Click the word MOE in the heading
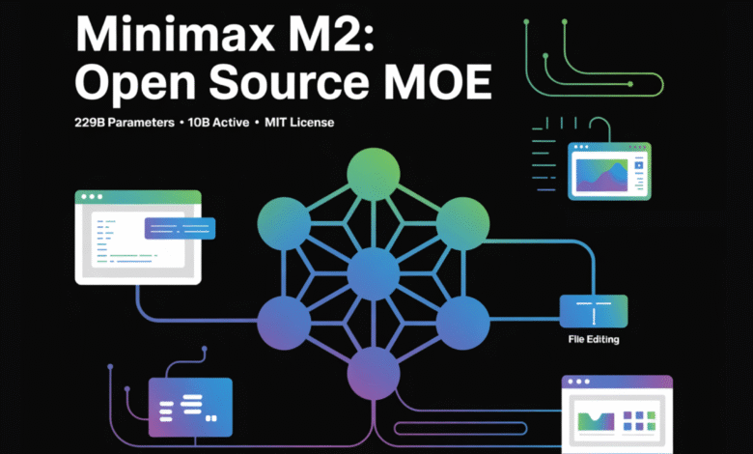click(x=444, y=86)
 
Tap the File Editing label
click(x=593, y=339)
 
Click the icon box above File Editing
click(x=593, y=310)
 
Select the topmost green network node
click(x=373, y=175)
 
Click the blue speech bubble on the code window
click(x=180, y=228)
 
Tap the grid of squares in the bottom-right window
click(x=637, y=421)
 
